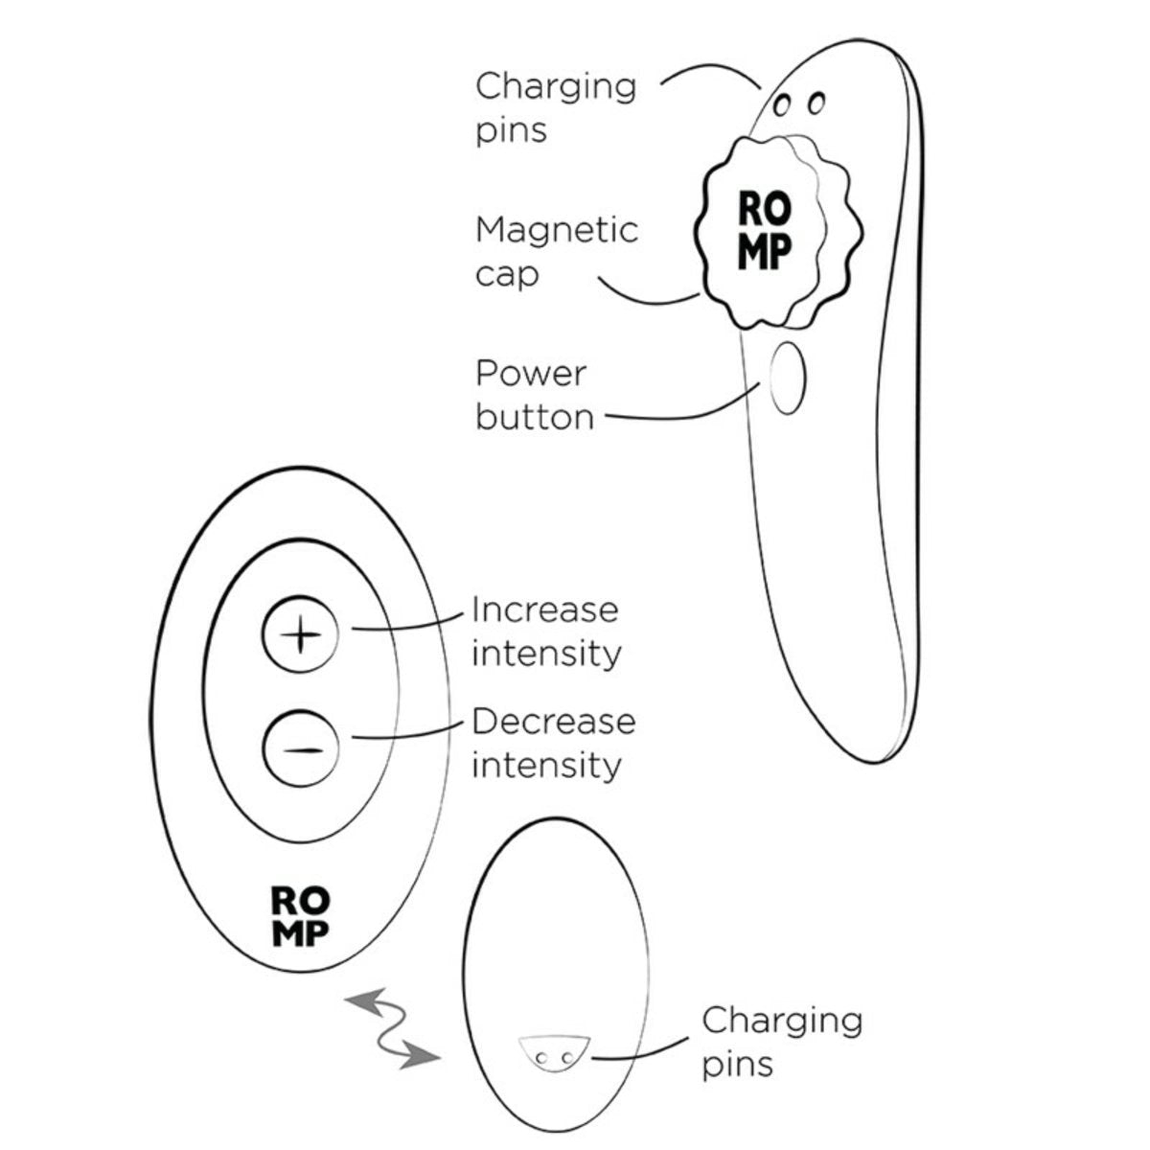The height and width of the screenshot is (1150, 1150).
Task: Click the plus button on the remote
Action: pos(300,633)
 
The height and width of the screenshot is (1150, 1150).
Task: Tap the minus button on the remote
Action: pos(300,747)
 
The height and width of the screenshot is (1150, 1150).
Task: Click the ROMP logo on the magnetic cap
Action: pos(765,230)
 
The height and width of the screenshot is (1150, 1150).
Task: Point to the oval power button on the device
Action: pos(787,378)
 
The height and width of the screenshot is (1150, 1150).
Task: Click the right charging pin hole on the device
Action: pos(816,103)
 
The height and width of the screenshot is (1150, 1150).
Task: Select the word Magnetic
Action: pos(557,230)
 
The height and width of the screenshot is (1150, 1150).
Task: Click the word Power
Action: pos(531,374)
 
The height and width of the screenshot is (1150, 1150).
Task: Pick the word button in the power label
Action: pos(535,417)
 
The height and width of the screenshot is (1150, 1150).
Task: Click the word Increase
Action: pos(545,609)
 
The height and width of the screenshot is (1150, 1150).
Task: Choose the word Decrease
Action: pos(554,722)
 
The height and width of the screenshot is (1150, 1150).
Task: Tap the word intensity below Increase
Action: pos(546,655)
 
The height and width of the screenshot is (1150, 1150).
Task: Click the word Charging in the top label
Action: pos(556,88)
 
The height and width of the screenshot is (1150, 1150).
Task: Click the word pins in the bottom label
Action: pos(737,1067)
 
